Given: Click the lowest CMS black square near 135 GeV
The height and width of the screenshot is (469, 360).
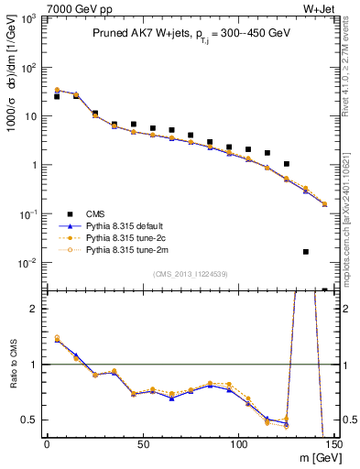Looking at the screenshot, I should click(306, 251).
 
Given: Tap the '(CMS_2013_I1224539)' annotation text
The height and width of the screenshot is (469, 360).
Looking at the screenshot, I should click(191, 272).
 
